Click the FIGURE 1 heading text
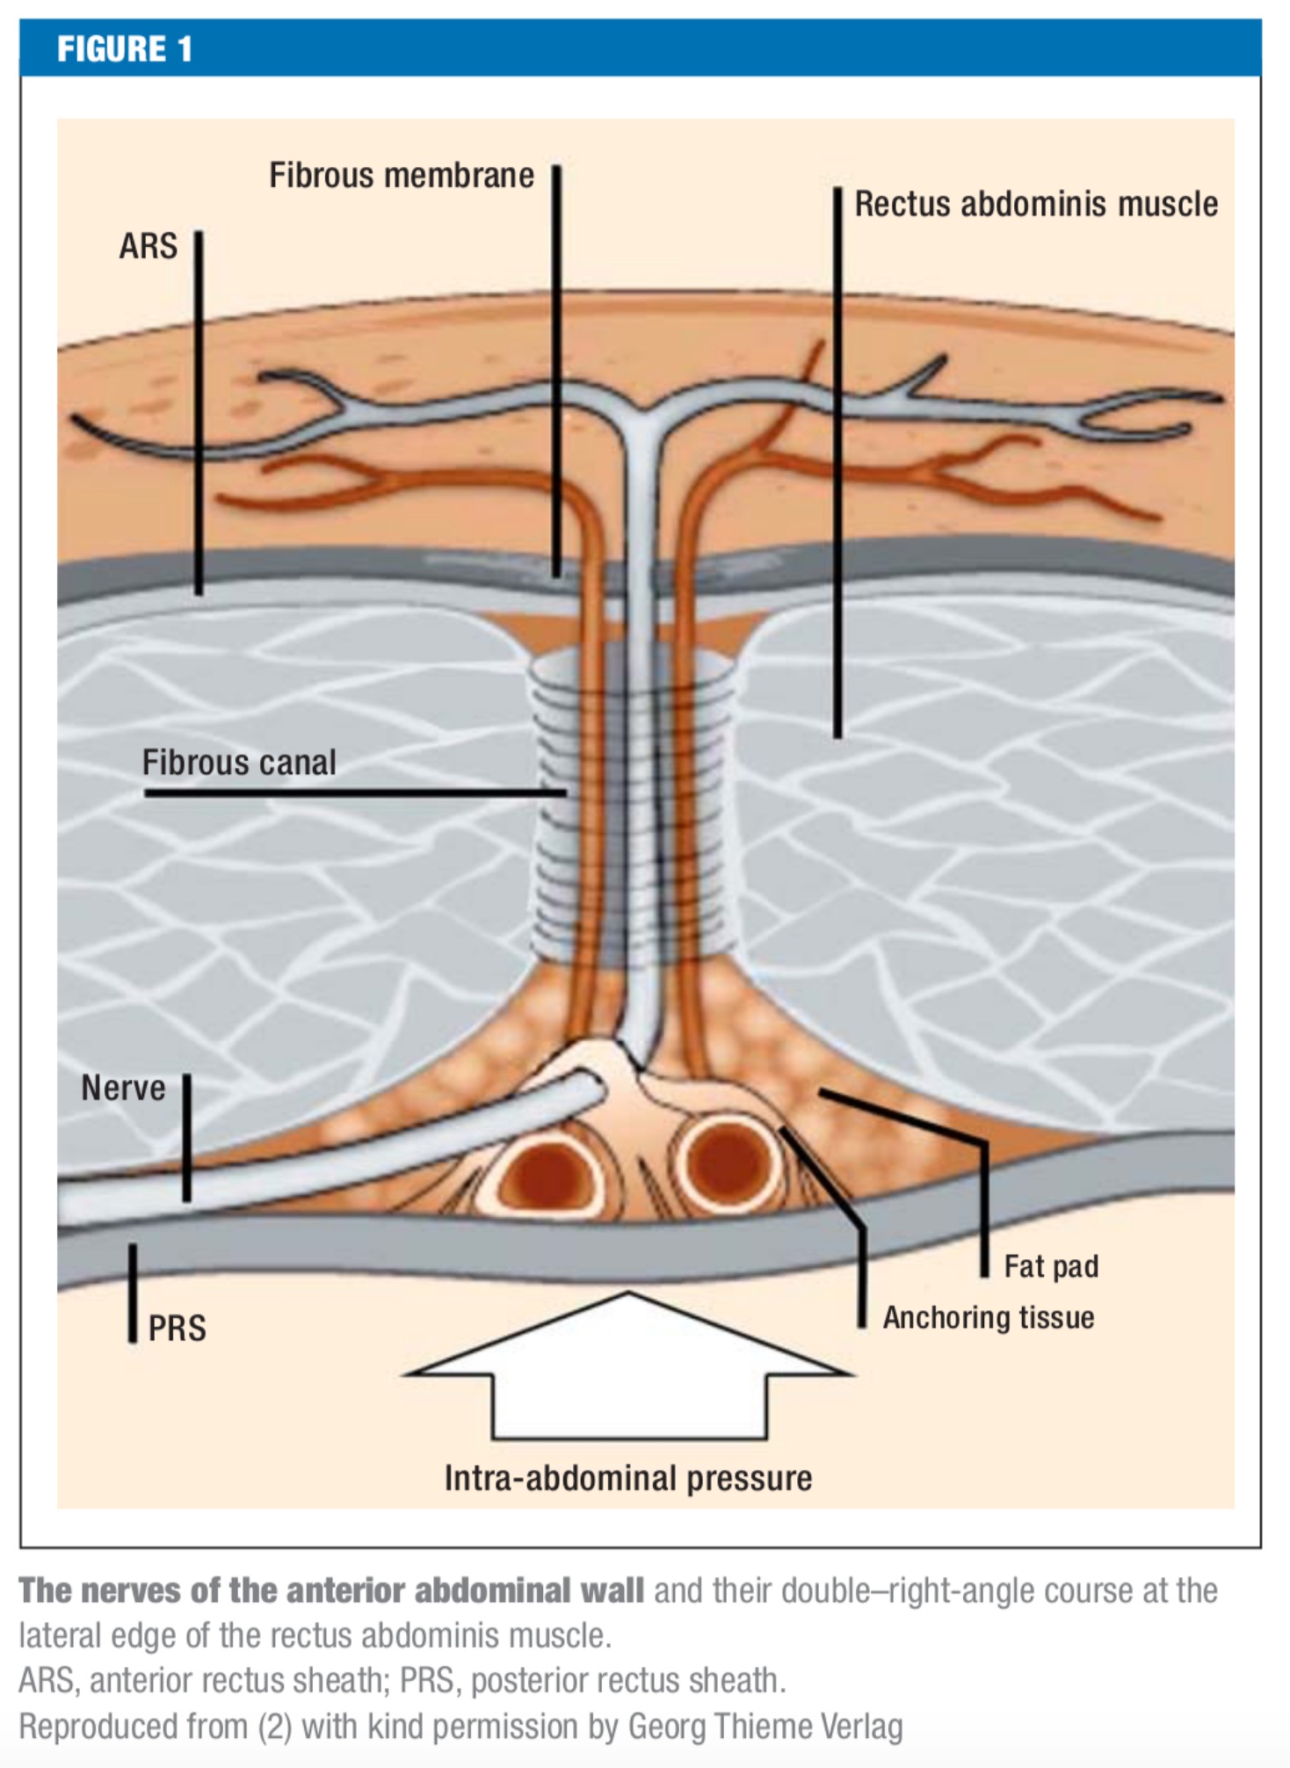tap(124, 49)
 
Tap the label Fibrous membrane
tap(401, 176)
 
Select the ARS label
tap(148, 247)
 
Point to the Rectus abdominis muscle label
tap(1036, 204)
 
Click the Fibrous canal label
tap(239, 763)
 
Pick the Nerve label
tap(123, 1088)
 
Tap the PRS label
tap(177, 1328)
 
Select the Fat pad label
tap(1051, 1266)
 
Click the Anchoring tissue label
tap(989, 1317)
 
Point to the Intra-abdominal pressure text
tap(627, 1478)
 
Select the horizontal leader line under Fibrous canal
tap(351, 793)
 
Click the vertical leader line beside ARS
tap(199, 413)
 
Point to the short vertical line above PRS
tap(133, 1293)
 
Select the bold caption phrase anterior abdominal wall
tap(466, 1590)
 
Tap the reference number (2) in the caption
tap(274, 1726)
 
